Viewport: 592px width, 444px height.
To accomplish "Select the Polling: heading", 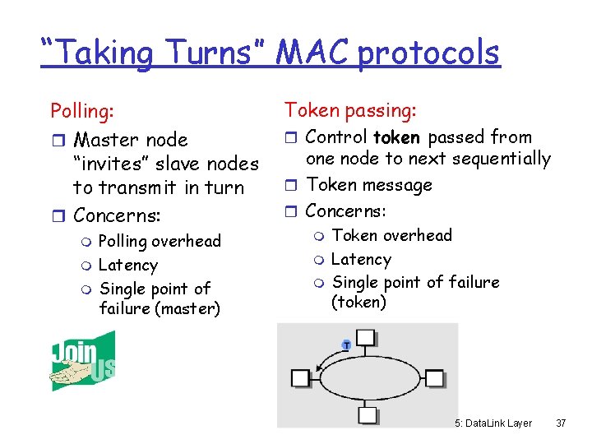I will pyautogui.click(x=82, y=110).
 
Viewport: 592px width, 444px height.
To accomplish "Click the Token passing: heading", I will pyautogui.click(x=350, y=109).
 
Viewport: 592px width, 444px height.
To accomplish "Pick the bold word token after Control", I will pyautogui.click(x=396, y=136).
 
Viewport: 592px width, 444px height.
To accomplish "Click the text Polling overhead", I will pyautogui.click(x=160, y=241).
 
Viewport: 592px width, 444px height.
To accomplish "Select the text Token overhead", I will pyautogui.click(x=391, y=235).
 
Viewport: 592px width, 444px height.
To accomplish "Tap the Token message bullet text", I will pyautogui.click(x=369, y=185).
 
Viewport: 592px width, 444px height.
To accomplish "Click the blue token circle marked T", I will pyautogui.click(x=346, y=345).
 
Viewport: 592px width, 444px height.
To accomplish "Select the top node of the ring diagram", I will pyautogui.click(x=366, y=337).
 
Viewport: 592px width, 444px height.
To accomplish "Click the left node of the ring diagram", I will pyautogui.click(x=300, y=378).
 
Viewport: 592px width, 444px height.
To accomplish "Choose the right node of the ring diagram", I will pyautogui.click(x=433, y=379).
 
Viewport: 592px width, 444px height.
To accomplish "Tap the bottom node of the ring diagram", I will pyautogui.click(x=367, y=414).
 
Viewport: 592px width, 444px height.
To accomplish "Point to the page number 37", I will pyautogui.click(x=561, y=423).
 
